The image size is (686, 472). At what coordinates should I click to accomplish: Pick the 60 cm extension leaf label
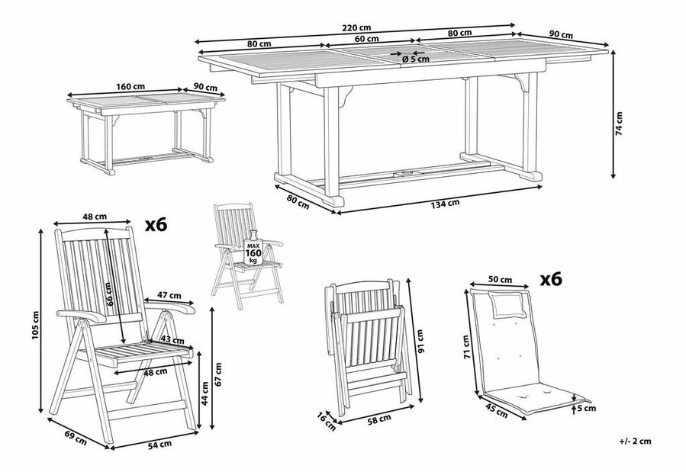point(366,39)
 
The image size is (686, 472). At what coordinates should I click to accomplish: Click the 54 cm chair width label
point(158,445)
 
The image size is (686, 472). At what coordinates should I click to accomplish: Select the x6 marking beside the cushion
point(550,280)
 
